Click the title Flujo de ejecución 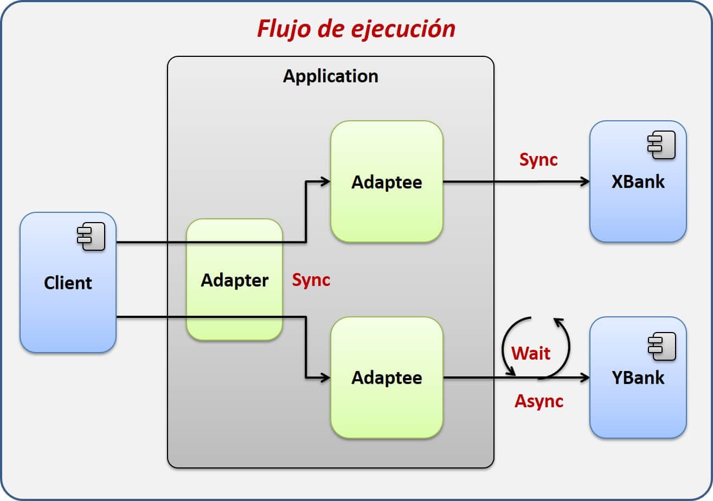pyautogui.click(x=356, y=29)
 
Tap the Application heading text pyautogui.click(x=330, y=76)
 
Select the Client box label pyautogui.click(x=68, y=283)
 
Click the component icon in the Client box pyautogui.click(x=91, y=238)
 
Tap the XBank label pyautogui.click(x=638, y=181)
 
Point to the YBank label pyautogui.click(x=638, y=378)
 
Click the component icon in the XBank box pyautogui.click(x=661, y=145)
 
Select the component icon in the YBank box pyautogui.click(x=661, y=346)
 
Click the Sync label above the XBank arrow pyautogui.click(x=538, y=160)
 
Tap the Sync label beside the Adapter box pyautogui.click(x=311, y=280)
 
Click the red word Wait pyautogui.click(x=531, y=353)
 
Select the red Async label pyautogui.click(x=539, y=401)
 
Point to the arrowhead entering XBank pyautogui.click(x=585, y=182)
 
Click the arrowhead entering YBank pyautogui.click(x=585, y=378)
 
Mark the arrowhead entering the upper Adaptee pyautogui.click(x=326, y=182)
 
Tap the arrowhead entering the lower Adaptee pyautogui.click(x=326, y=378)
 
